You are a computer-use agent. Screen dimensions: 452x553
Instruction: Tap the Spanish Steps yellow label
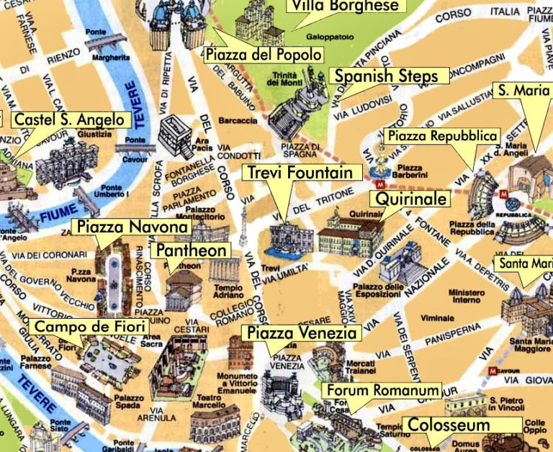tap(388, 76)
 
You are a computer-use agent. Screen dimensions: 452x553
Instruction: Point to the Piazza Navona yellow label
tap(132, 227)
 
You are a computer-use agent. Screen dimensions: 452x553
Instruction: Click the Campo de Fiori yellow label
tap(90, 327)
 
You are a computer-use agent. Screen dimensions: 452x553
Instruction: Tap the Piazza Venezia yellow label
tap(301, 333)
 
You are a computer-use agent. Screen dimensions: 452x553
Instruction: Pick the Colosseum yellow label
tap(448, 425)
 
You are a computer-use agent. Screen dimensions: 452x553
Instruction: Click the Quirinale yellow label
tap(408, 199)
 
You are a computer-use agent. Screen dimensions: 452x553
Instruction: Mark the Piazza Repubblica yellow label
tap(442, 135)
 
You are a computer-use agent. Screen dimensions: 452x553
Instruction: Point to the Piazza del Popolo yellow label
tap(262, 55)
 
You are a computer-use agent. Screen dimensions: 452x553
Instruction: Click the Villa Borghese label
tap(343, 6)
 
